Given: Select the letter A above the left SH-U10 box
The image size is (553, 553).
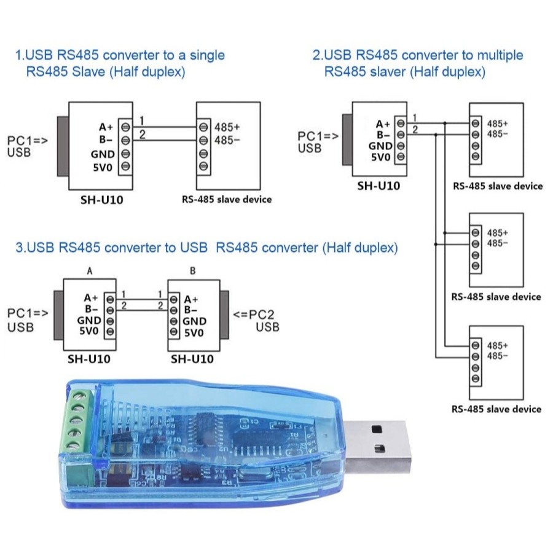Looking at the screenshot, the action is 90,271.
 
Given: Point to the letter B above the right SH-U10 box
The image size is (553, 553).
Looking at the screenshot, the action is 192,271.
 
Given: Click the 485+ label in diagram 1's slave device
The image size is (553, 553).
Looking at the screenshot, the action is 227,127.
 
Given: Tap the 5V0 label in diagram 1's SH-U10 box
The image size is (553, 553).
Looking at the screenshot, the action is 102,167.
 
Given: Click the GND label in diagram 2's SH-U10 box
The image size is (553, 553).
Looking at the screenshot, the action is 380,146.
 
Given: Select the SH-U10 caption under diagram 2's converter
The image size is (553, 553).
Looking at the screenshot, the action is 378,186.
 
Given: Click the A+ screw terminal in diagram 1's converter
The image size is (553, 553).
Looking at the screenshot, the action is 125,127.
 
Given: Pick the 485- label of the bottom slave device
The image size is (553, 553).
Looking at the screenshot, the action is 497,356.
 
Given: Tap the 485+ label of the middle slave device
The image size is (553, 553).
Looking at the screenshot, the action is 497,233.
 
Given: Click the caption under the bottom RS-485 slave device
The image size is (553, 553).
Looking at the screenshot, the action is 496,409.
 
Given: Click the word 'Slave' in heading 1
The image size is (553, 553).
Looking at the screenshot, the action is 88,72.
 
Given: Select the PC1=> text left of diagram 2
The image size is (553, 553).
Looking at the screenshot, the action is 318,136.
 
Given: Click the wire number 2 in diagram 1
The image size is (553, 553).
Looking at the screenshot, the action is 142,135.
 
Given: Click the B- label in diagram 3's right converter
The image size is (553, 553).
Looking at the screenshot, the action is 190,310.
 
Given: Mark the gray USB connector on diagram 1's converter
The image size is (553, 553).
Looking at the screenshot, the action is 63,146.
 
